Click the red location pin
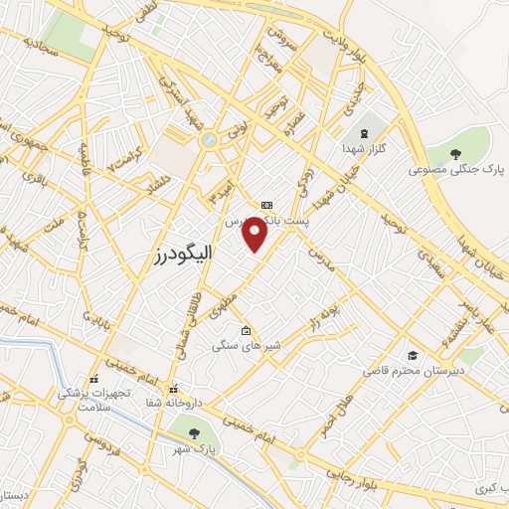(x=255, y=234)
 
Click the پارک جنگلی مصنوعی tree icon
(x=455, y=153)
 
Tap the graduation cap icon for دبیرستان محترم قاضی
(x=412, y=355)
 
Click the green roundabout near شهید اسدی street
(x=208, y=141)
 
